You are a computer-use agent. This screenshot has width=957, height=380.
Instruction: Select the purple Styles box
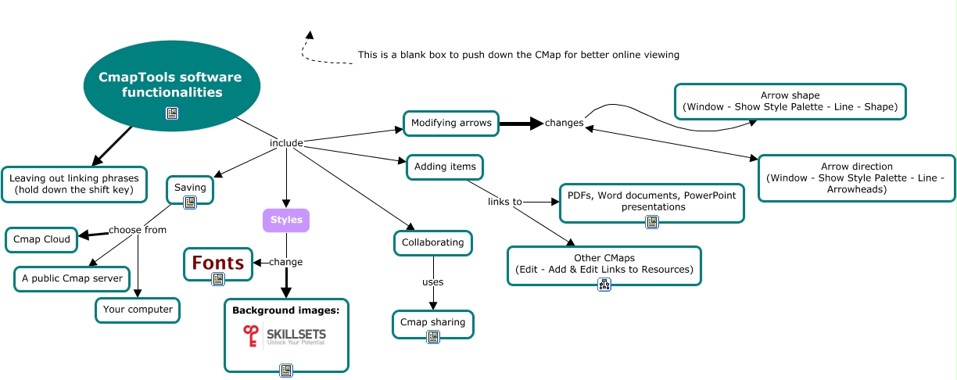coord(286,220)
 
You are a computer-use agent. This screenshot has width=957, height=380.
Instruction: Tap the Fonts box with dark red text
coord(219,263)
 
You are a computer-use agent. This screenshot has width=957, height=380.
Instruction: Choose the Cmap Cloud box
coord(41,239)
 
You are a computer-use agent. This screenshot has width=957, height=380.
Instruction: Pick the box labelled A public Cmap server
coord(72,278)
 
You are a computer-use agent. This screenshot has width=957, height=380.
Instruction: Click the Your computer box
coord(138,310)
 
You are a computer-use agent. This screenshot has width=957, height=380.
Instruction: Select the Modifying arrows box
coord(451,123)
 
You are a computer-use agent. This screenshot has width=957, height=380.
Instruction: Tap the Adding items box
coord(446,167)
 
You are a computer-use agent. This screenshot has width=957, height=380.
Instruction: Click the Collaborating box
coord(432,242)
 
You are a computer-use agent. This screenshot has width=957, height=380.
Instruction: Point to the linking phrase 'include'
coord(286,143)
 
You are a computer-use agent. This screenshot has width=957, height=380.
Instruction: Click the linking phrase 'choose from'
coord(138,230)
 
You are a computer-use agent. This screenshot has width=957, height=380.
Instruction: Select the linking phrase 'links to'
coord(505,202)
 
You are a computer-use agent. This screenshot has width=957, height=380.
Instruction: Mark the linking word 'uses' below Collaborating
coord(432,282)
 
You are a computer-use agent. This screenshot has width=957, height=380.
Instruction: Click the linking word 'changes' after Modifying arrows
coord(564,123)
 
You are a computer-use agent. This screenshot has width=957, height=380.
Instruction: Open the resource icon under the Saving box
coord(189,203)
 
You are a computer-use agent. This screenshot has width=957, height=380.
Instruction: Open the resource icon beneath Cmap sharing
coord(432,337)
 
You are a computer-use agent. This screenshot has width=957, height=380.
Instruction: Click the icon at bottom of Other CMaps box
coord(604,285)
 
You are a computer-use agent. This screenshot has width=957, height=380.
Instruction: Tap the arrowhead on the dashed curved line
coord(310,35)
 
